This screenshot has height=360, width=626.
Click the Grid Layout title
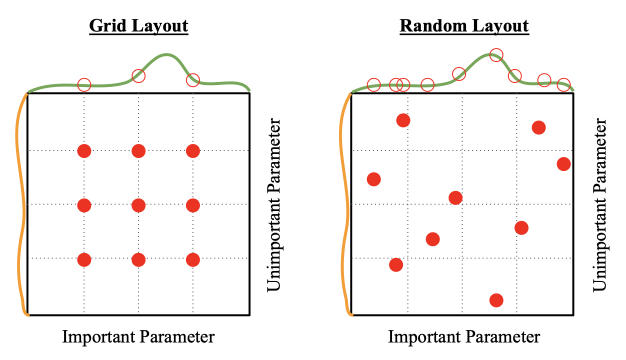pos(138,25)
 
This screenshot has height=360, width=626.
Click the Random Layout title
pos(464,25)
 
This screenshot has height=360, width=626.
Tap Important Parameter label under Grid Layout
pos(138,336)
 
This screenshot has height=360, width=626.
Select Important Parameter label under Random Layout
pos(464,336)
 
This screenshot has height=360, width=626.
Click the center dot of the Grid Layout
pos(138,205)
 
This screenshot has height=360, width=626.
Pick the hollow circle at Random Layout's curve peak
pos(495,54)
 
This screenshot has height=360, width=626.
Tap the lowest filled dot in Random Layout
pos(496,300)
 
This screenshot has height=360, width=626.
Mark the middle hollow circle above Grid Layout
pos(138,76)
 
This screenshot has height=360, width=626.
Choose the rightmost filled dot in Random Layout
pos(563,163)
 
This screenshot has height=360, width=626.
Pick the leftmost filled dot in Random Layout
pos(373,179)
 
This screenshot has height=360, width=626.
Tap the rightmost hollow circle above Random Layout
pos(563,84)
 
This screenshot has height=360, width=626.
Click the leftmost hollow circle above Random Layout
pos(373,84)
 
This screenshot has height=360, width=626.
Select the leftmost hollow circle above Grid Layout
pos(84,84)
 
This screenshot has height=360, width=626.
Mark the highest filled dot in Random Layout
pos(403,120)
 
